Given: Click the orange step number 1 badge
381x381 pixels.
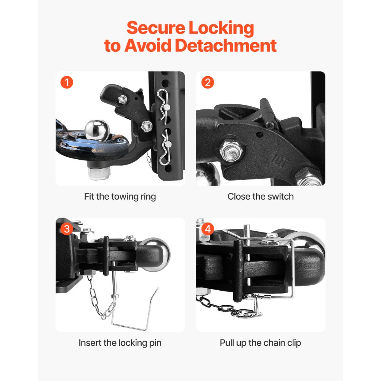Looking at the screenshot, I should (x=67, y=82).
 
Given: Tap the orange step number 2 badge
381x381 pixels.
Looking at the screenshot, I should (x=208, y=82).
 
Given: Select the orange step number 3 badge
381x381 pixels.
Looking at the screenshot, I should (x=67, y=229).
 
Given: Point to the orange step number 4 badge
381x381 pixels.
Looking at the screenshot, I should (x=208, y=229).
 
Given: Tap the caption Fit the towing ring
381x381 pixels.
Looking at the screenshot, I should (x=120, y=197).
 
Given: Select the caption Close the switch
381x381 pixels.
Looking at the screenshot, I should (x=261, y=197).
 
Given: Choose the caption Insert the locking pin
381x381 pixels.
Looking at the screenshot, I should (x=120, y=343).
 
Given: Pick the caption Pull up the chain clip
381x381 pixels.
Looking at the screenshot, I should (x=261, y=343).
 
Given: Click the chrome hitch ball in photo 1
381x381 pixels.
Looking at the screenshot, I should (x=96, y=130).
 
